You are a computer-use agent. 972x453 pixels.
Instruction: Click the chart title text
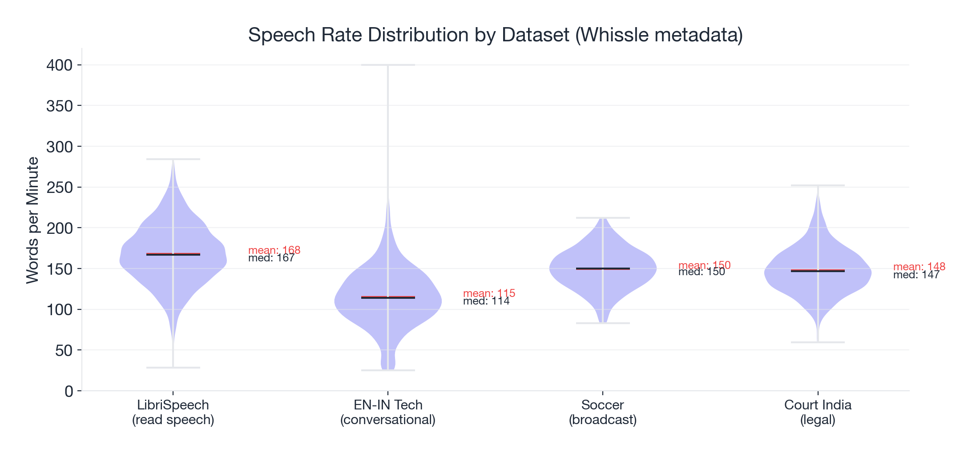coord(495,35)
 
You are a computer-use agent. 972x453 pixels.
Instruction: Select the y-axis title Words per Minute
coord(32,220)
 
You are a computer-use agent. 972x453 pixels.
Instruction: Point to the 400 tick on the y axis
coord(59,65)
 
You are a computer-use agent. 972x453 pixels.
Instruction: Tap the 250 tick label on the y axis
coord(59,188)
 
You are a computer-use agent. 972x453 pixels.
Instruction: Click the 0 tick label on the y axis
coord(69,392)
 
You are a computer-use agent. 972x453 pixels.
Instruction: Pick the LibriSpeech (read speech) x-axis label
coord(173,412)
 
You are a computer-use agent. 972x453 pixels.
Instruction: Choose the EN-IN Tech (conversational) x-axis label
coord(387,412)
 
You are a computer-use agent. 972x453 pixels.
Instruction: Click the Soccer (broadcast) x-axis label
coord(602,412)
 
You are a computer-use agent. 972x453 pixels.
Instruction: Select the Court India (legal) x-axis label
coord(818,412)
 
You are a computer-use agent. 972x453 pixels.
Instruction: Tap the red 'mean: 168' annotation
coord(274,250)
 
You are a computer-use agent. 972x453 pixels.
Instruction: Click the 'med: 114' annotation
coord(486,301)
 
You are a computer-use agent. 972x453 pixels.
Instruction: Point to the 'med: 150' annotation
coord(702,272)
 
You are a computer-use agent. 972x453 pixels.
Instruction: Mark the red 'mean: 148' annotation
coord(919,266)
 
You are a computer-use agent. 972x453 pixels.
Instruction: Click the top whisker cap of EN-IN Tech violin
coord(388,65)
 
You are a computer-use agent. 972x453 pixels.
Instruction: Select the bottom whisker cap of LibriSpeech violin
coord(173,368)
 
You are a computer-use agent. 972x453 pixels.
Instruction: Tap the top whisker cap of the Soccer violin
coord(603,218)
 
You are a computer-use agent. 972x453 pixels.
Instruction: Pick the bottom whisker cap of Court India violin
coord(818,342)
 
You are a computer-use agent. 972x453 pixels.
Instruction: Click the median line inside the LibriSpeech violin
coord(173,255)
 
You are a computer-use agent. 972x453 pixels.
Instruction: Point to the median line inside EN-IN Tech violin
coord(388,298)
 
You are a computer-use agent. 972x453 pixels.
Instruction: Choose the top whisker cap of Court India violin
coord(818,185)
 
